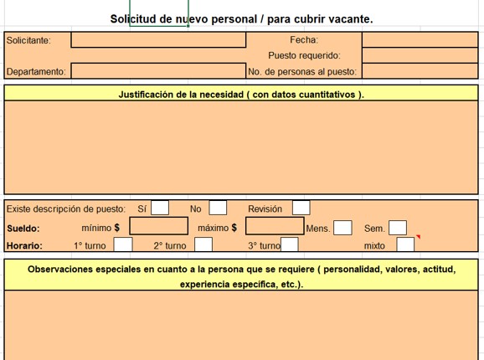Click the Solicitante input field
click(x=158, y=40)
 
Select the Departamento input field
click(x=158, y=71)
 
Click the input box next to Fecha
click(x=420, y=39)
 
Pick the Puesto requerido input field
click(x=420, y=55)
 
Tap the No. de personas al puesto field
click(x=420, y=71)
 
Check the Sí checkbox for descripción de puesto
click(x=160, y=208)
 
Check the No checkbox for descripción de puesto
click(x=218, y=208)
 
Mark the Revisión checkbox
click(x=301, y=208)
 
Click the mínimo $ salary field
click(x=158, y=226)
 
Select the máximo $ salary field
click(x=275, y=226)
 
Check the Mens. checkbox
click(x=343, y=228)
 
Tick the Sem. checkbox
click(x=398, y=228)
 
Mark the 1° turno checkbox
click(x=123, y=244)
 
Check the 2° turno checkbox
click(x=203, y=244)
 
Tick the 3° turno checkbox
click(x=290, y=244)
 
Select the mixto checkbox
click(x=405, y=244)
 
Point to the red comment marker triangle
click(x=419, y=236)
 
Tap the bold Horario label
click(x=23, y=246)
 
